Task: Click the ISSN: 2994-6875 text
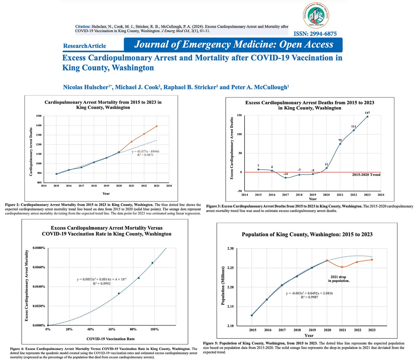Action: tap(315, 34)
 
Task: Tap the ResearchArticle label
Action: tap(84, 46)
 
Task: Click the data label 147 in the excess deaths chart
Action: tap(367, 113)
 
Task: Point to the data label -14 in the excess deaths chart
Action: tap(285, 174)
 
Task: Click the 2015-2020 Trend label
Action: tap(366, 175)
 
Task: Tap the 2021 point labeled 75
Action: tap(340, 144)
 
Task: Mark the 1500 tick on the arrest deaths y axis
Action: tap(39, 116)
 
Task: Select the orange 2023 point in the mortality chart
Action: tap(157, 126)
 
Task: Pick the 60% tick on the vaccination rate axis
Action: tap(112, 329)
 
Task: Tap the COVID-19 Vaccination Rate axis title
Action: tap(110, 339)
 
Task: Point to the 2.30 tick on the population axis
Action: tap(230, 248)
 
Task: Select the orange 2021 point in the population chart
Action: tap(342, 267)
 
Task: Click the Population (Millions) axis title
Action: tap(223, 286)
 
